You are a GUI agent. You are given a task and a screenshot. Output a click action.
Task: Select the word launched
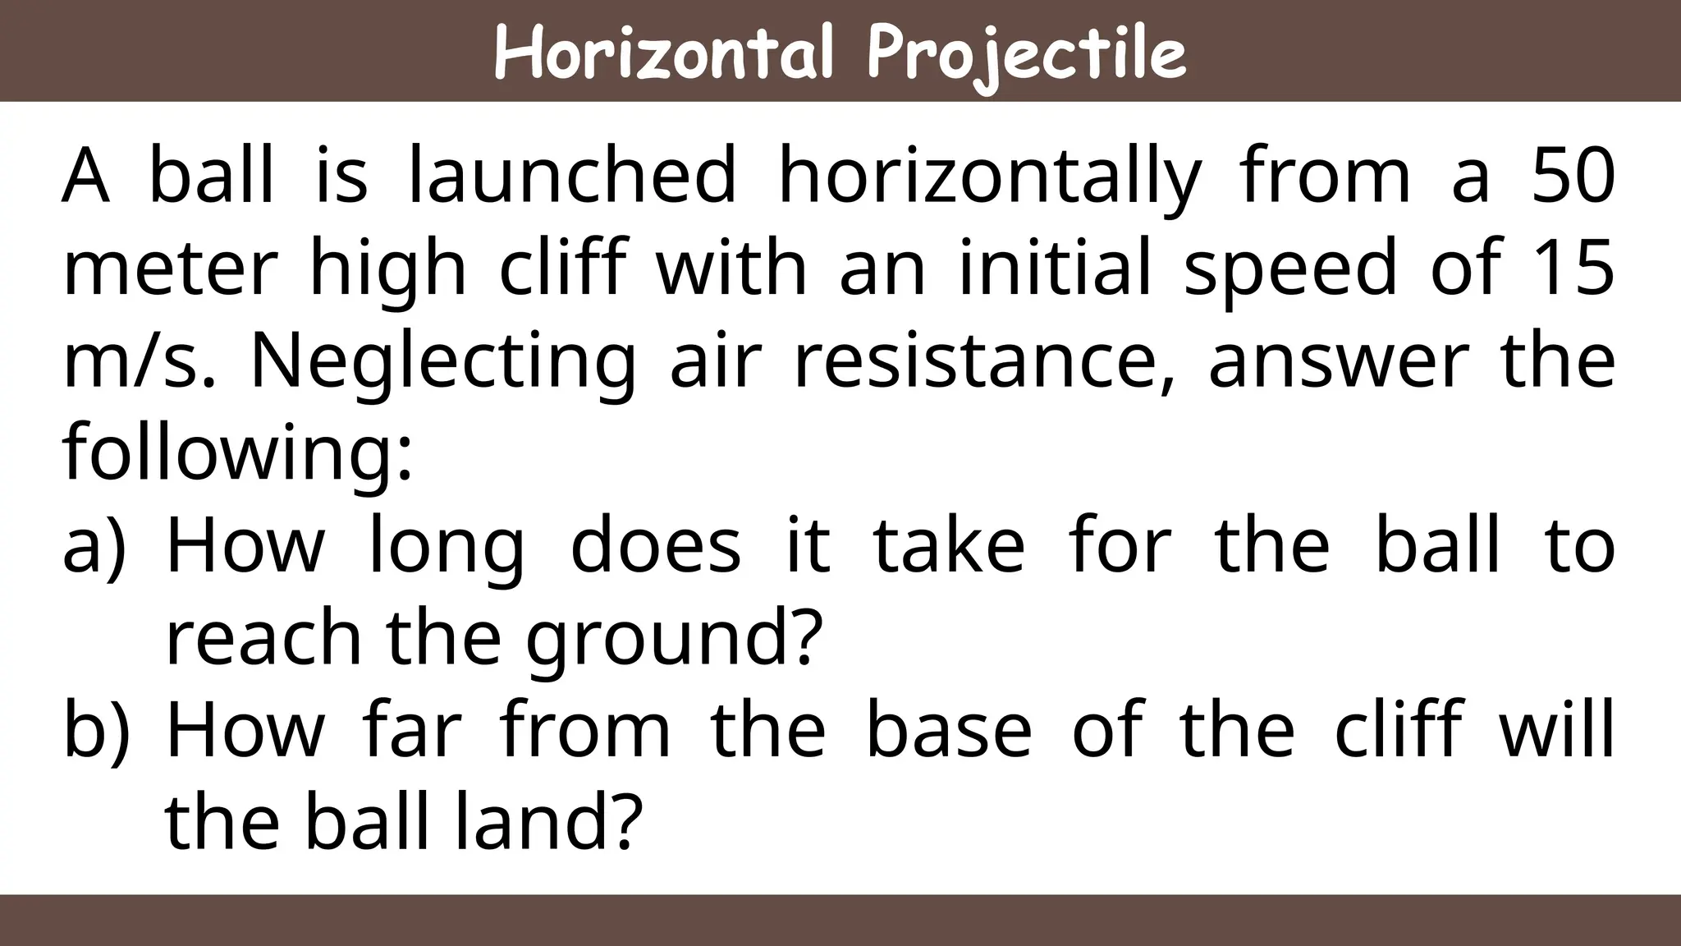572,176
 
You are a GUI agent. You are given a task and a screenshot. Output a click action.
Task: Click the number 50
1573,176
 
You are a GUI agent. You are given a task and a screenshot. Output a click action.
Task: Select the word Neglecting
443,363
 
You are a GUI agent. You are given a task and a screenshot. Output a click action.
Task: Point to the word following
236,454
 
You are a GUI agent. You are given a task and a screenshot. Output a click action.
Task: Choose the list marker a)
94,547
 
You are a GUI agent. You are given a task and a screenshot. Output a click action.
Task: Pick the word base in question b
949,728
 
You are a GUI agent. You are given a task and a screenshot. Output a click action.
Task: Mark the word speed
1290,269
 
